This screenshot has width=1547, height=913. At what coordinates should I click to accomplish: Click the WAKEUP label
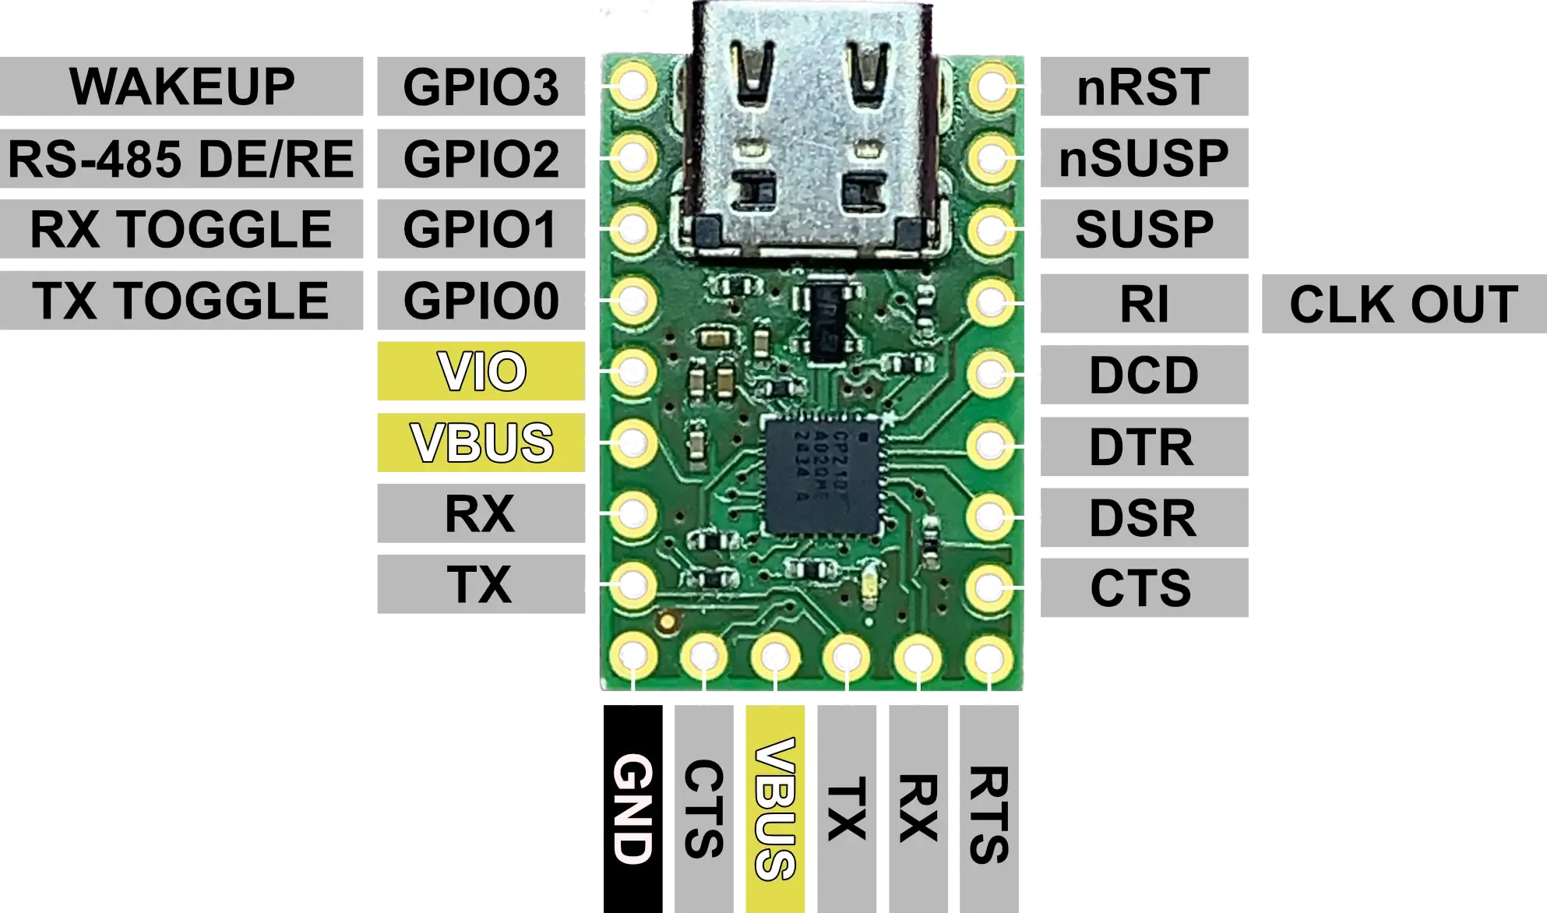183,86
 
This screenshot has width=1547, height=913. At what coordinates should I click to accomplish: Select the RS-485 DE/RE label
181,159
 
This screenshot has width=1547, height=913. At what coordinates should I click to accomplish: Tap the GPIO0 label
480,301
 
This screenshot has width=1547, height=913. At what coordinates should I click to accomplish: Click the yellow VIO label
481,372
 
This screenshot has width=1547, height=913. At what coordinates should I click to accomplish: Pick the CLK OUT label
1403,304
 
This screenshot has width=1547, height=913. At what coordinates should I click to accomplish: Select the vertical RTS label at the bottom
988,814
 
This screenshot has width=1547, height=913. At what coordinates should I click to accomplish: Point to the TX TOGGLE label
181,301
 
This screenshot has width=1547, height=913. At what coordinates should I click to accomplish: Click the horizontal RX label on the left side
480,514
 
